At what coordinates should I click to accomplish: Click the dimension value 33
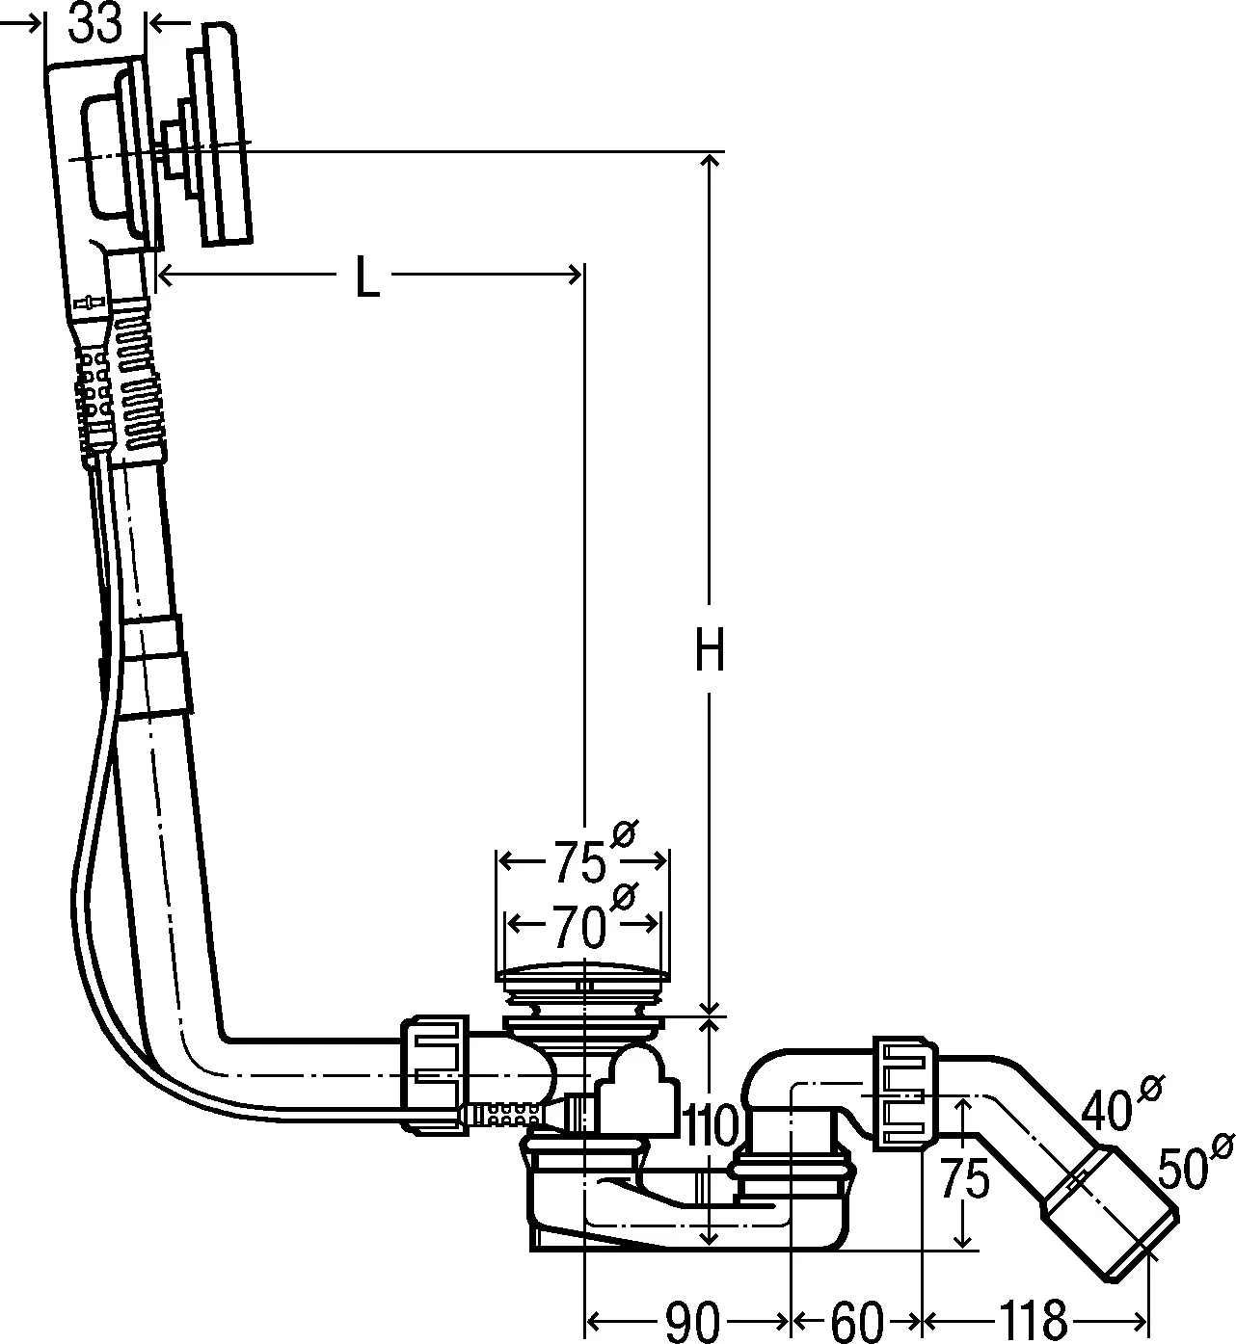click(96, 23)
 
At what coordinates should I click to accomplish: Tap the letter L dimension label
click(366, 278)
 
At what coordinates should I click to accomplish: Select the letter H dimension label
click(710, 652)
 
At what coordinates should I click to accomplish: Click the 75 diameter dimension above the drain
click(580, 860)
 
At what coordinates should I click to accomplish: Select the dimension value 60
click(856, 1319)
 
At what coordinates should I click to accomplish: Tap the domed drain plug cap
click(580, 974)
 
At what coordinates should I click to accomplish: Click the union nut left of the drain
click(436, 1071)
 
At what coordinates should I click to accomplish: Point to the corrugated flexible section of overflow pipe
click(134, 376)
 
